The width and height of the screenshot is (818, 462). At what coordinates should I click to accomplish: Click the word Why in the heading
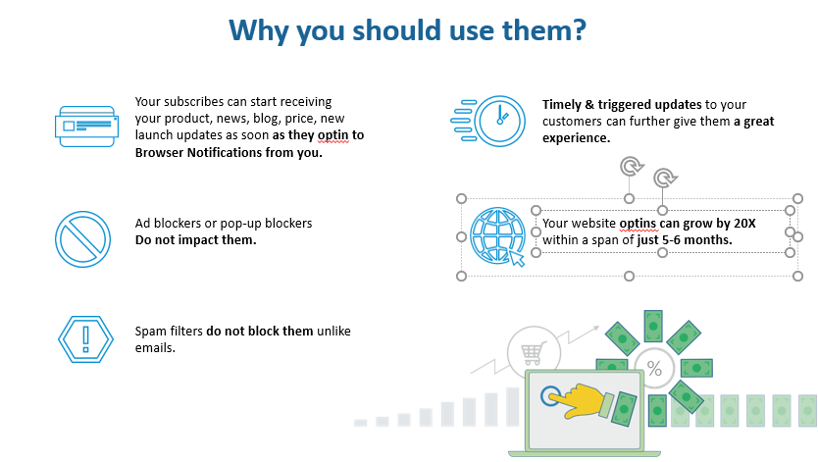(x=258, y=31)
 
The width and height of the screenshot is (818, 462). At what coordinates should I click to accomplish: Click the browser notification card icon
(x=86, y=127)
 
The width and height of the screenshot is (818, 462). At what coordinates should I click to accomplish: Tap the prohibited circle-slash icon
(x=83, y=239)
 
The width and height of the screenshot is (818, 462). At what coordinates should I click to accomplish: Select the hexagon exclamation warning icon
(x=85, y=339)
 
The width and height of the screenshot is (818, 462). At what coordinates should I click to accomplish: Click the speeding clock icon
(x=487, y=121)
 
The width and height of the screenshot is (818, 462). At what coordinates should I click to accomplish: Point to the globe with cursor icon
(x=497, y=236)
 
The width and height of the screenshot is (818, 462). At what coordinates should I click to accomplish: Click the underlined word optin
(x=332, y=135)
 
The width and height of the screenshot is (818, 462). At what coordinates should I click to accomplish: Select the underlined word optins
(x=639, y=225)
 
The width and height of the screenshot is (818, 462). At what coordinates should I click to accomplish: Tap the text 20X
(x=744, y=224)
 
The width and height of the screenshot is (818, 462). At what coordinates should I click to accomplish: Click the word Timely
(x=561, y=105)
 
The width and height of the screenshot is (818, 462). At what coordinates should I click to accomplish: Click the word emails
(x=155, y=348)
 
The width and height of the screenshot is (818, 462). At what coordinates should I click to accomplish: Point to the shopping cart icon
(x=534, y=353)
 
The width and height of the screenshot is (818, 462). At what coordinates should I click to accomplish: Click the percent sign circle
(x=654, y=369)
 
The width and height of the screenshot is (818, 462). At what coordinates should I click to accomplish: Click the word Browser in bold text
(x=159, y=153)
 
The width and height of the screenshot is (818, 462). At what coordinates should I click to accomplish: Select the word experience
(x=576, y=138)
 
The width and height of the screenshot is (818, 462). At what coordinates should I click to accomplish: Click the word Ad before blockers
(x=142, y=224)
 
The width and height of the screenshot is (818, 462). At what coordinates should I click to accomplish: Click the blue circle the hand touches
(x=550, y=395)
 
